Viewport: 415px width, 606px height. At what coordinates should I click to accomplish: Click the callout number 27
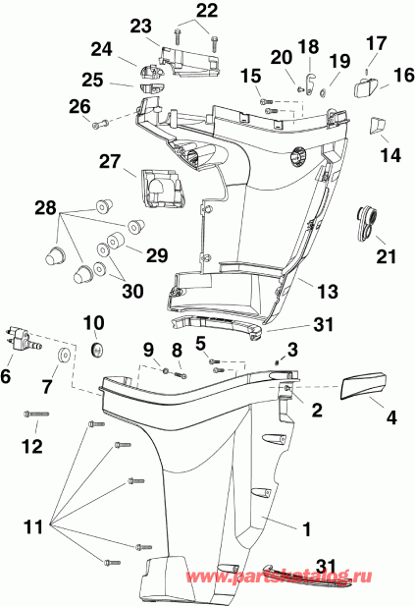(108, 160)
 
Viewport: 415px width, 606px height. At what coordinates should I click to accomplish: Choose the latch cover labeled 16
(365, 90)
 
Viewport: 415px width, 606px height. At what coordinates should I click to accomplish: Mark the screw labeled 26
(96, 125)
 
